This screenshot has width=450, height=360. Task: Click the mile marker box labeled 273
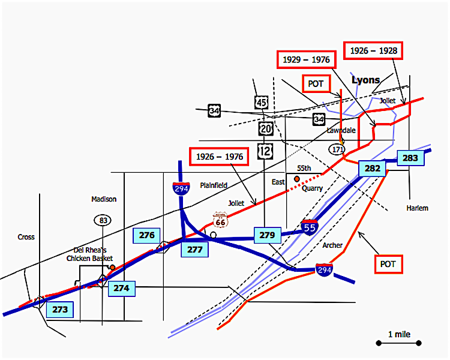click(60, 310)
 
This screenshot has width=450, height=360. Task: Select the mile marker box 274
click(121, 289)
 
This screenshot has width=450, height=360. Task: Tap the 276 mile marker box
click(147, 236)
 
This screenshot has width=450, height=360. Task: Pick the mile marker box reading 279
click(267, 235)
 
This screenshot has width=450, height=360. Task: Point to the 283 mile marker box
click(410, 158)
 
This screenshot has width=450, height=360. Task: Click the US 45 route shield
click(261, 103)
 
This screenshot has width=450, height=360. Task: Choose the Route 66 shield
click(220, 221)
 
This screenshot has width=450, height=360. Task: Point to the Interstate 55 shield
click(310, 227)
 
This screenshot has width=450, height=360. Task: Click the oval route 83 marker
click(103, 220)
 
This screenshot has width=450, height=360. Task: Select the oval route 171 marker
click(337, 148)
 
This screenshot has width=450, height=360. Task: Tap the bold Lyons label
click(365, 80)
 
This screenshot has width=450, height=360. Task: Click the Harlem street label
click(417, 208)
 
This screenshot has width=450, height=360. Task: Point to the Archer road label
click(333, 245)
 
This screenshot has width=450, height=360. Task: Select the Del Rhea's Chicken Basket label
click(90, 254)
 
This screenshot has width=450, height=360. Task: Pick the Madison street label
click(104, 199)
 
